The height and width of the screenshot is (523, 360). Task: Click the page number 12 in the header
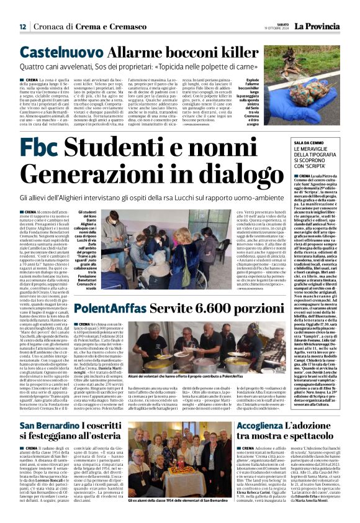point(22,26)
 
